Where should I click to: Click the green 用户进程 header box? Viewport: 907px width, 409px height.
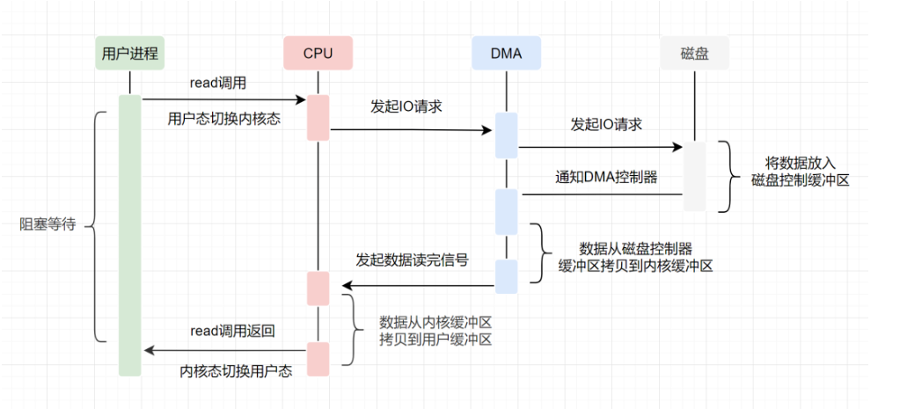130,54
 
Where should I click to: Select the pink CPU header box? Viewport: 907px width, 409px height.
318,54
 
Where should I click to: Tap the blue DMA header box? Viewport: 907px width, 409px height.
506,54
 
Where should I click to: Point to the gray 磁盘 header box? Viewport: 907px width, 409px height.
694,54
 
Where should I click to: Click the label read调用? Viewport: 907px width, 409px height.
217,83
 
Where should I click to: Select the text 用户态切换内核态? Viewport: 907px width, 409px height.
223,118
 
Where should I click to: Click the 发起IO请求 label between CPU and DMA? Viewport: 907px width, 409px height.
406,106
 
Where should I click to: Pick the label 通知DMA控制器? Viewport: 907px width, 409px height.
606,177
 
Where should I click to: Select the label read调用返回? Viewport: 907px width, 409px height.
233,332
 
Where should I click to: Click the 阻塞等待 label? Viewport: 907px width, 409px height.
48,225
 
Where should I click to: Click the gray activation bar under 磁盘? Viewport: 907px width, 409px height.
694,176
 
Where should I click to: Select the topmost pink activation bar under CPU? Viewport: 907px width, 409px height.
318,117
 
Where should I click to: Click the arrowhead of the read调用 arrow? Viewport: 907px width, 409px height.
300,100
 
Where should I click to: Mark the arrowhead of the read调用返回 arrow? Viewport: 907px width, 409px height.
149,351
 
